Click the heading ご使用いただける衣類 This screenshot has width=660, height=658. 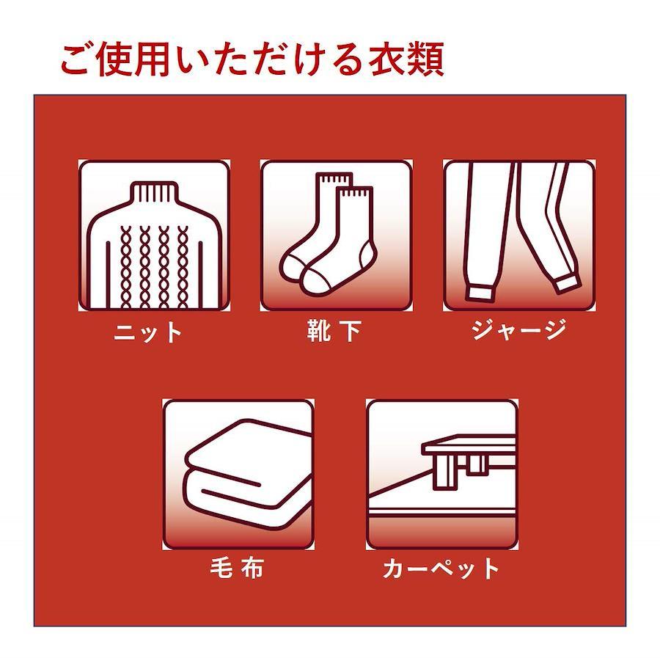[252, 59]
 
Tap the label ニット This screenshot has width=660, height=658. [147, 332]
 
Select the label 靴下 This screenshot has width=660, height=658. [334, 331]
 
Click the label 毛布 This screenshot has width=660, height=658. [237, 568]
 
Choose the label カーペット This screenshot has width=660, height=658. [441, 568]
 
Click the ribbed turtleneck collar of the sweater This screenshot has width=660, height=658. [154, 192]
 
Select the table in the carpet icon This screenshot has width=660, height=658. [469, 461]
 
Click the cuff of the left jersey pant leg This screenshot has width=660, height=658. [480, 293]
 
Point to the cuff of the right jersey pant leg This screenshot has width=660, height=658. [567, 284]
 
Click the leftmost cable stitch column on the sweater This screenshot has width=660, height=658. [126, 267]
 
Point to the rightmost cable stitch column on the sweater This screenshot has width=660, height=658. [183, 267]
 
